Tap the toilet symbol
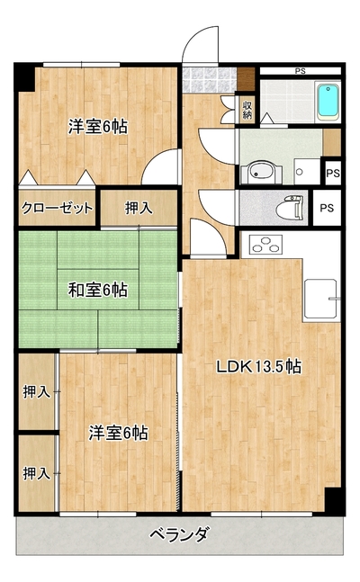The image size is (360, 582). (289, 208)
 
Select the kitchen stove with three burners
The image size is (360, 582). (265, 245)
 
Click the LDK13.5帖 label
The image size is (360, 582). (259, 367)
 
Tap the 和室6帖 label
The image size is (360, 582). (98, 290)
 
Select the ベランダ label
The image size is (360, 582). (180, 535)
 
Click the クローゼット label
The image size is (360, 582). (58, 208)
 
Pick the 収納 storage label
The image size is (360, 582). (247, 110)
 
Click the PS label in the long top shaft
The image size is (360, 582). (301, 71)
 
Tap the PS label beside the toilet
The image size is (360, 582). (327, 208)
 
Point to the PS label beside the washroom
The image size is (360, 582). (333, 173)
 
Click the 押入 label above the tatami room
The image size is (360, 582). (139, 208)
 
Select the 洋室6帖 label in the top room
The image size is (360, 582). (98, 127)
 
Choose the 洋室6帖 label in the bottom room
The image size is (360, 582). (118, 434)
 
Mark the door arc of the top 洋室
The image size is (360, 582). (152, 158)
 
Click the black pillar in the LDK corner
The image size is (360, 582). (333, 500)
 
